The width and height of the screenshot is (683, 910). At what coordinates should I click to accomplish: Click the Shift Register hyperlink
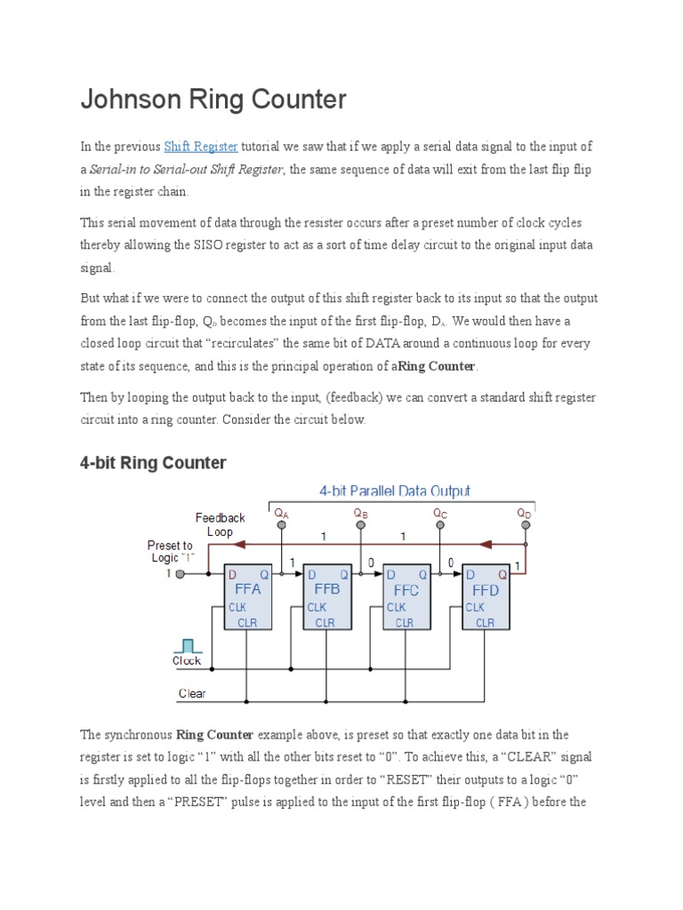[201, 147]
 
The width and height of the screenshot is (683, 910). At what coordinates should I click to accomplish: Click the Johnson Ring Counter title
[213, 100]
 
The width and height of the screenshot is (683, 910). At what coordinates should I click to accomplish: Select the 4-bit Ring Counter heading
[153, 463]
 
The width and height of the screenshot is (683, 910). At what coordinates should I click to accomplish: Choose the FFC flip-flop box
[406, 596]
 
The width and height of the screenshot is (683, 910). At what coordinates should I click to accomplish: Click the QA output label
[282, 513]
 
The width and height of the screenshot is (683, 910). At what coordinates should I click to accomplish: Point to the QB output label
[360, 513]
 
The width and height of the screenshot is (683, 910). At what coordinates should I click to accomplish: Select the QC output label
[440, 513]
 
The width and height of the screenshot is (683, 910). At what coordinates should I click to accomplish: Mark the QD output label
[525, 513]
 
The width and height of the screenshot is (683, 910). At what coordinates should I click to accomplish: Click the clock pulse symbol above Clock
[187, 644]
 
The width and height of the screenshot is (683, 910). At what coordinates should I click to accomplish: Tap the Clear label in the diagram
[192, 694]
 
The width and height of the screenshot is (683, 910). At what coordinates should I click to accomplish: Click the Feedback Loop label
[220, 524]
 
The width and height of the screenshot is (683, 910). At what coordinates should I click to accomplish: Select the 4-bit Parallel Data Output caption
[395, 491]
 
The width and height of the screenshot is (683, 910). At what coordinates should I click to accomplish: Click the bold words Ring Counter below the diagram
[215, 735]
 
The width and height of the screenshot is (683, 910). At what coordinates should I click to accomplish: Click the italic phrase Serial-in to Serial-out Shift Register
[186, 170]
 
